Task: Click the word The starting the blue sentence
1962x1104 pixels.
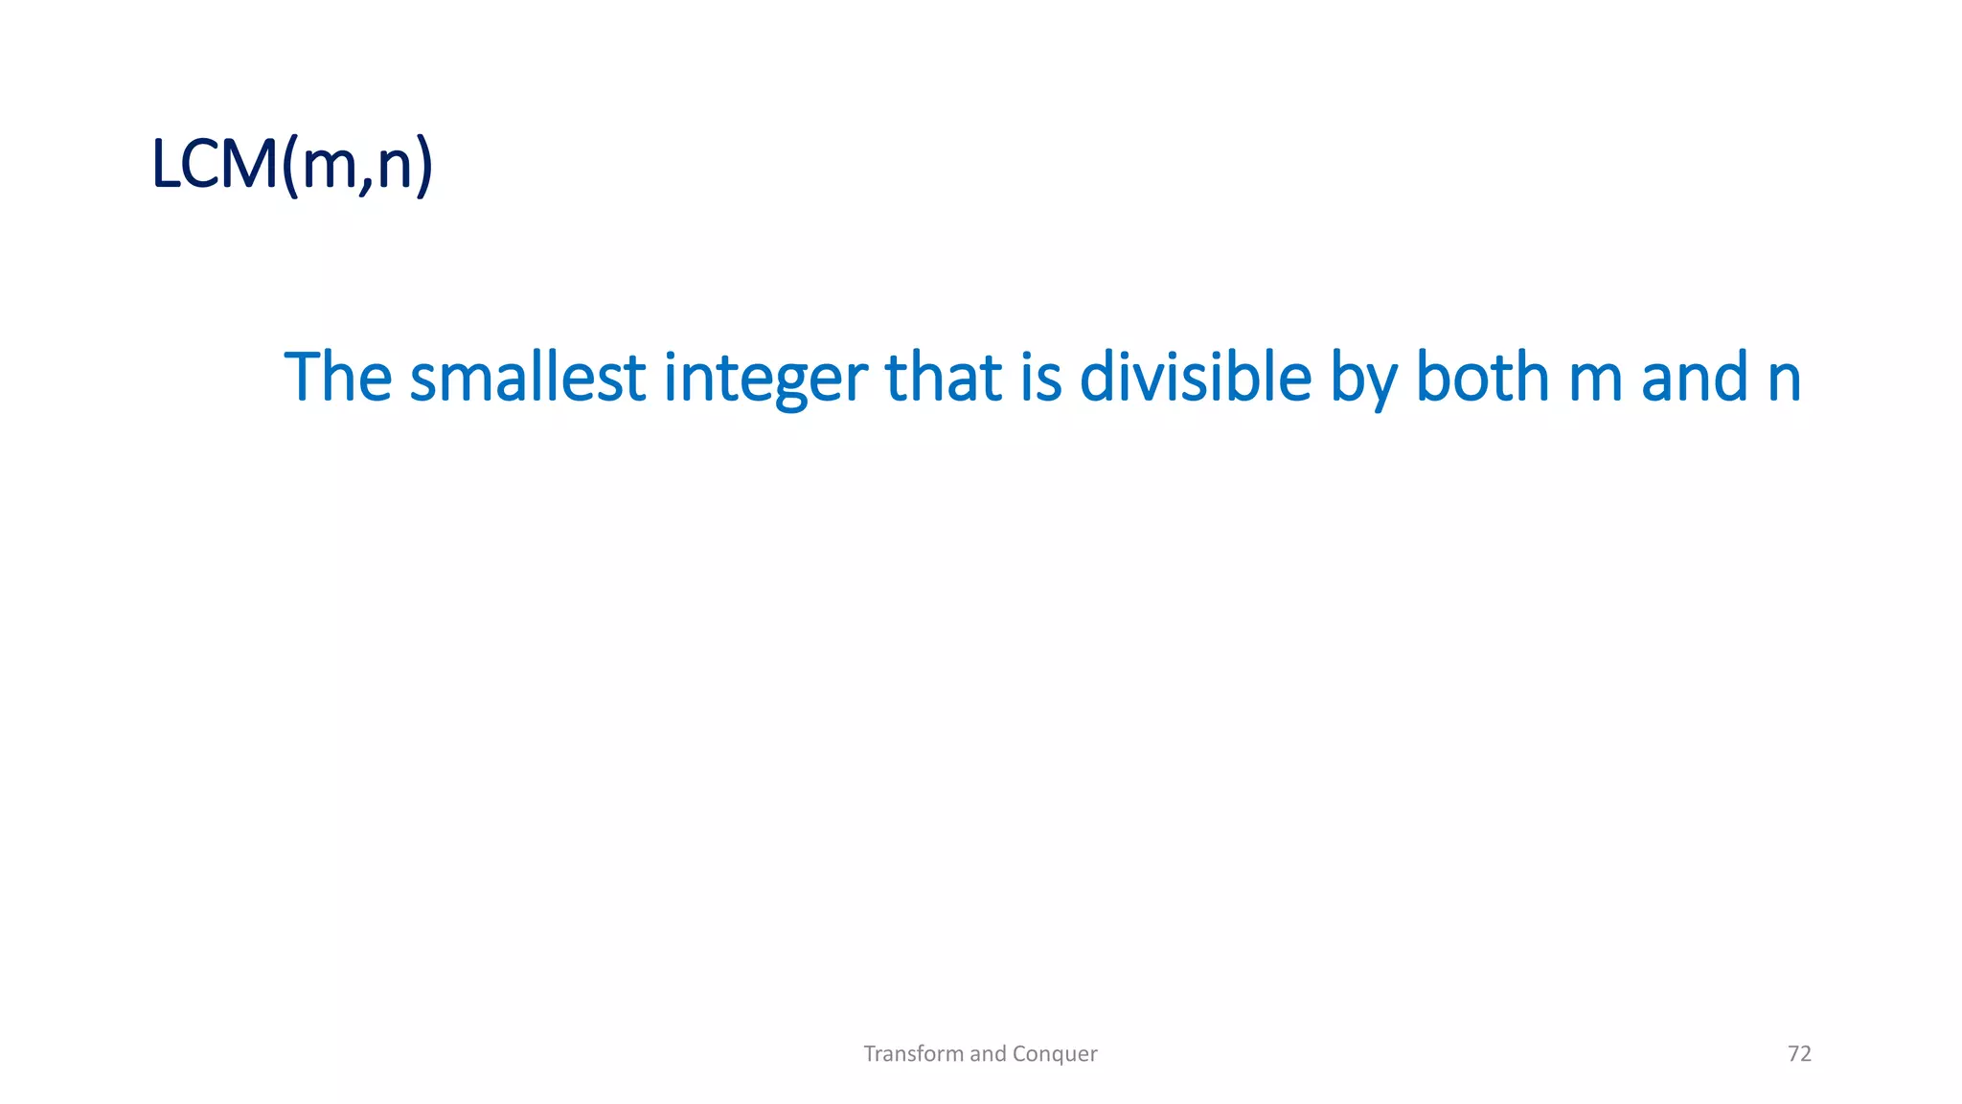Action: click(338, 377)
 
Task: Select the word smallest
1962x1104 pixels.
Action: click(528, 377)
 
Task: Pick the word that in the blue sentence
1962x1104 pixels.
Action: click(944, 377)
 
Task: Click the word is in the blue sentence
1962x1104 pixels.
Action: click(1041, 377)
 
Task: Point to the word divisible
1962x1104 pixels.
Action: click(1195, 377)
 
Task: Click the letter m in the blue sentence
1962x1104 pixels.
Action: click(1595, 380)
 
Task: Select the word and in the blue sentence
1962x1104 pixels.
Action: click(1695, 377)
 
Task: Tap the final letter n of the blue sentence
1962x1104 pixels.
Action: click(1784, 380)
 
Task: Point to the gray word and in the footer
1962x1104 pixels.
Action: click(988, 1054)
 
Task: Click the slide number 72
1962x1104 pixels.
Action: click(1799, 1054)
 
